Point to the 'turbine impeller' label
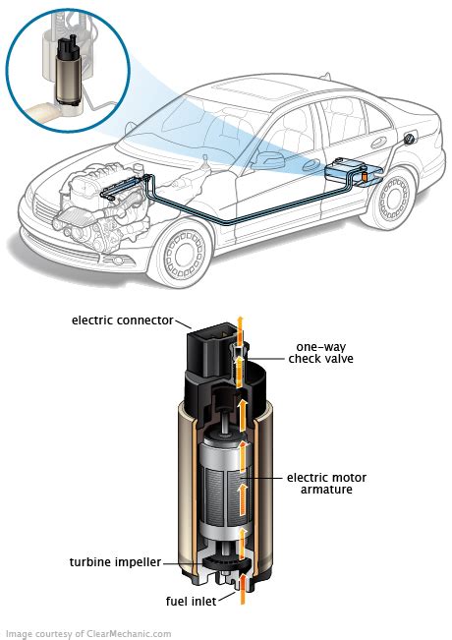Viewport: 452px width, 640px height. tap(113, 562)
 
